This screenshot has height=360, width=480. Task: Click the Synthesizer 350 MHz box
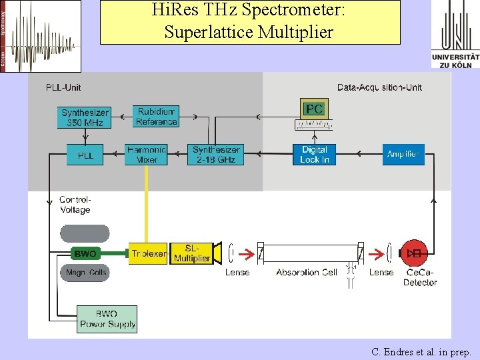pos(85,117)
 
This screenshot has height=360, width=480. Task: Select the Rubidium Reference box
pos(156,116)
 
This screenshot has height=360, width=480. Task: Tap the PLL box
pos(85,155)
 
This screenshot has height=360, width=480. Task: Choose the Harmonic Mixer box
pos(146,155)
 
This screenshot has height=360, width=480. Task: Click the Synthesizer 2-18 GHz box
pos(216,155)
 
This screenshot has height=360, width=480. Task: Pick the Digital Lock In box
pos(315,155)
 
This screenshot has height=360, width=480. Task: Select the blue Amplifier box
pos(403,155)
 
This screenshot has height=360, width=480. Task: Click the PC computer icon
pos(314,113)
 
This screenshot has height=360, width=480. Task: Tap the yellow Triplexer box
pos(148,253)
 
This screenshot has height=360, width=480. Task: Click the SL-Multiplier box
pos(191,253)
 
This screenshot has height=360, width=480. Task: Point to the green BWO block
pos(85,254)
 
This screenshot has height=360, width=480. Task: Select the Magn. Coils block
pos(85,273)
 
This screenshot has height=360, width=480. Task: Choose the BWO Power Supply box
pos(107,319)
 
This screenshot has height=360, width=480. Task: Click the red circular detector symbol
pos(415,253)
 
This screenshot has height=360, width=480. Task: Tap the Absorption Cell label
pos(307,273)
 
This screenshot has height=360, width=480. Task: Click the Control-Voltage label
pos(75,205)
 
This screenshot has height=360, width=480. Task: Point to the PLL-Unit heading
pos(63,87)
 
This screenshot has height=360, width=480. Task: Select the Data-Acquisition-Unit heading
pos(379,87)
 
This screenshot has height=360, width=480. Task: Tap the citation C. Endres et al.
pos(421,351)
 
